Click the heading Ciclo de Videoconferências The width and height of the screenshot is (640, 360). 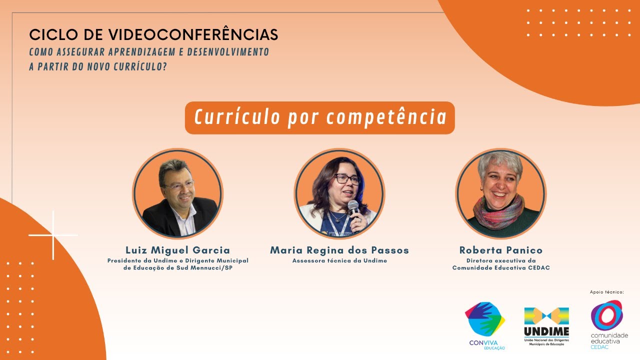(x=153, y=35)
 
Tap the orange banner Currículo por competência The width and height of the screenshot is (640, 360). (x=320, y=118)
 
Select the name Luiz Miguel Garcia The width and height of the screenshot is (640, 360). (x=177, y=250)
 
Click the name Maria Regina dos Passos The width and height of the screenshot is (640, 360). (x=339, y=250)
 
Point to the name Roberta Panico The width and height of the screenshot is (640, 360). (x=500, y=250)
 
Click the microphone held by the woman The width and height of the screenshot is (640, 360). (x=354, y=208)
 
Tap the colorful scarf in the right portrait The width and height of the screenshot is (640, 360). (x=499, y=212)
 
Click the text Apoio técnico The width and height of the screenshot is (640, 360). (x=607, y=292)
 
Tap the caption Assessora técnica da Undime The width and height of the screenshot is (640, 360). (x=339, y=260)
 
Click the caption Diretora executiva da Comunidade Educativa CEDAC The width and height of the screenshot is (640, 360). (x=501, y=264)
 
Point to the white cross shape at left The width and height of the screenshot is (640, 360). (x=53, y=234)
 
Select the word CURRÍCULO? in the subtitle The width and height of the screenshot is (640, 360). (x=142, y=66)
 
